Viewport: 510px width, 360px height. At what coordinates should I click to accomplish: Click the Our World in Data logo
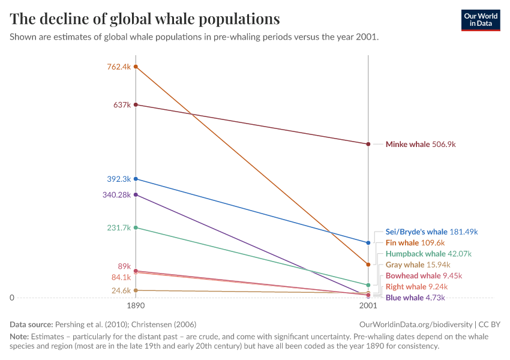click(x=480, y=20)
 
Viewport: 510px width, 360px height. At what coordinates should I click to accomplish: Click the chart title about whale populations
click(x=145, y=19)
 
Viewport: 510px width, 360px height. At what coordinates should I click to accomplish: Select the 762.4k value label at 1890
click(x=119, y=67)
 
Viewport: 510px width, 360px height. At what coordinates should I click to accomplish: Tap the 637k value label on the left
click(x=122, y=105)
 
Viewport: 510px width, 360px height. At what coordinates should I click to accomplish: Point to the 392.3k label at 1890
click(x=119, y=179)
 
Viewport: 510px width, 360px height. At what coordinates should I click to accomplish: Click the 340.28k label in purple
click(x=116, y=194)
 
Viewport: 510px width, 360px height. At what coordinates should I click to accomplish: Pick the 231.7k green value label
click(x=119, y=227)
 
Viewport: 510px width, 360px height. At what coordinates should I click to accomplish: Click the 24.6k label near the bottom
click(x=121, y=290)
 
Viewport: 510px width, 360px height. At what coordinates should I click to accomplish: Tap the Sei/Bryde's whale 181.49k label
click(x=431, y=232)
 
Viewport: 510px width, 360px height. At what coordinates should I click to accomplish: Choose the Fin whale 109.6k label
click(x=415, y=243)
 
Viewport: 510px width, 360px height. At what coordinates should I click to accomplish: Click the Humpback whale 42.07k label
click(x=428, y=254)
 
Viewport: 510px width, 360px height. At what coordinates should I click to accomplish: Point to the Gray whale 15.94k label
click(x=418, y=265)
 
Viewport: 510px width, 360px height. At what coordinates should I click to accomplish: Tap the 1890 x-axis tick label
click(x=136, y=306)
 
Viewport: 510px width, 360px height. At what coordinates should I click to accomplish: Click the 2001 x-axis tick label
click(x=368, y=306)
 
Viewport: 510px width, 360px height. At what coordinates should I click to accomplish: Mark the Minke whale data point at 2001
click(x=368, y=144)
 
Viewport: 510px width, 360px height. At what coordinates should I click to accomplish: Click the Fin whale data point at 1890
click(x=136, y=67)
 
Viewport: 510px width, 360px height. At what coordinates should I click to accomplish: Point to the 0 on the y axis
click(x=12, y=298)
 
